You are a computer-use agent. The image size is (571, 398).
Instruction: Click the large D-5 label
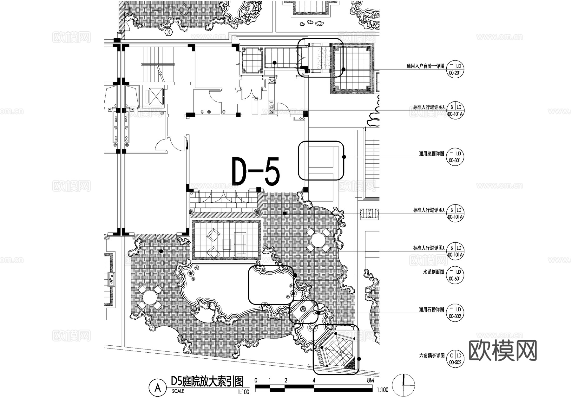click(x=256, y=172)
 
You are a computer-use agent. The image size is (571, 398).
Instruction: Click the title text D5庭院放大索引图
click(x=207, y=382)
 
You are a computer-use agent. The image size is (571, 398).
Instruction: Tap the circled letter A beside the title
click(x=157, y=388)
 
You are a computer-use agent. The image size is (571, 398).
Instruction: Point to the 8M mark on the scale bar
click(x=370, y=380)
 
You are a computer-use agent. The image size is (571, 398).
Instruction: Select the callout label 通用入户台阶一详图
click(x=425, y=66)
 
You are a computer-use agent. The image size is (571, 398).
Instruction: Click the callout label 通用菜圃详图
click(x=431, y=154)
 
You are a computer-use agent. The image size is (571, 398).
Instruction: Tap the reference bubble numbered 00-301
click(x=455, y=157)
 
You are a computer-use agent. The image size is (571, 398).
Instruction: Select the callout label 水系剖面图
click(x=434, y=272)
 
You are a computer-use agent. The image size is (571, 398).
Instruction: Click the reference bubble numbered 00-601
click(x=455, y=275)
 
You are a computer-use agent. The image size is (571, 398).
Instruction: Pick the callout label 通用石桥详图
click(x=431, y=310)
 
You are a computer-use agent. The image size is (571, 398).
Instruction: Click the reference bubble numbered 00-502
click(x=455, y=359)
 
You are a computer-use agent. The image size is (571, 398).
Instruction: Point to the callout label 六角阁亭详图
click(x=431, y=356)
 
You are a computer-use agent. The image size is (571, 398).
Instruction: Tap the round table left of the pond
click(x=150, y=298)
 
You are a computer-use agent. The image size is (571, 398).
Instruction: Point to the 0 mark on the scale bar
click(x=256, y=380)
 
